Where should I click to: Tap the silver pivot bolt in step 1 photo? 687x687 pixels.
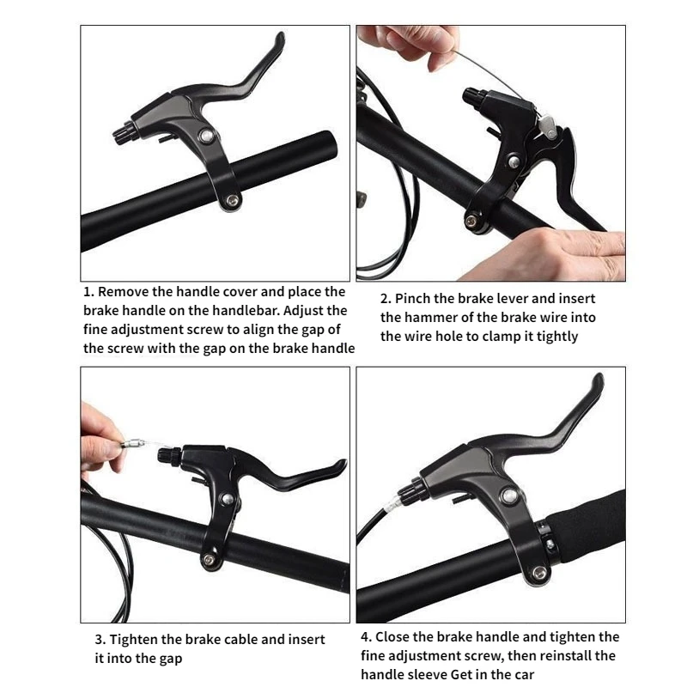[x=206, y=136]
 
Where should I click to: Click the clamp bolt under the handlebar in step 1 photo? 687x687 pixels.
[x=232, y=201]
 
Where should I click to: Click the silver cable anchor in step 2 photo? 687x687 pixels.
[x=548, y=125]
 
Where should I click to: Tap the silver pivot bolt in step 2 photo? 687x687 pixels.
[x=514, y=161]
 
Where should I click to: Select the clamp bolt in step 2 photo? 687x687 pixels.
[x=471, y=222]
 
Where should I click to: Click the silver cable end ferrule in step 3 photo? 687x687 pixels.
[x=132, y=443]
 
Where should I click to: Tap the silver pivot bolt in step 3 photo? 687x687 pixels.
[x=228, y=499]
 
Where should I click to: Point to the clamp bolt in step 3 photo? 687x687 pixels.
[x=209, y=560]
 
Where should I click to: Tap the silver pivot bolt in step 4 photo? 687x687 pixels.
[x=509, y=496]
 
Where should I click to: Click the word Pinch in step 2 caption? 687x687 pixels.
[x=411, y=298]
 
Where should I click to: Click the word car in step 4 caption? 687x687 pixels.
[x=523, y=674]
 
